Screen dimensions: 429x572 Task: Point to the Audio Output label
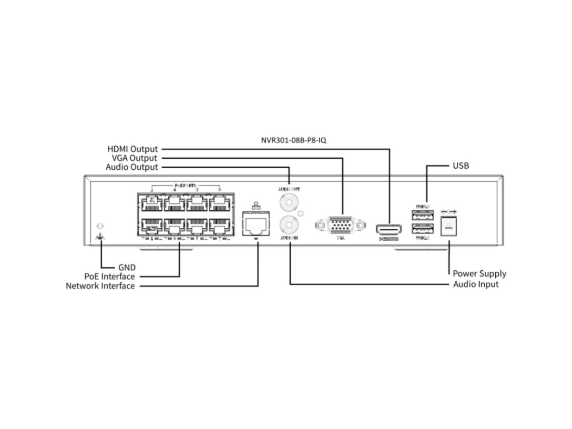point(132,167)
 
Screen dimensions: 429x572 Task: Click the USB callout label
point(460,166)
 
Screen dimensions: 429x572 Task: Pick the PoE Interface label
point(110,276)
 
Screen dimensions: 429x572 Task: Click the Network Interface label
point(100,286)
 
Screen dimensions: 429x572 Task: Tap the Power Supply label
point(479,274)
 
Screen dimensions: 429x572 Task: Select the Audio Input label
point(476,284)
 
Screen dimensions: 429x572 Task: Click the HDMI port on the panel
point(388,228)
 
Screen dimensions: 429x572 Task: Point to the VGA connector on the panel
point(340,225)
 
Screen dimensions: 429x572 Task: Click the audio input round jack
point(289,224)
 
